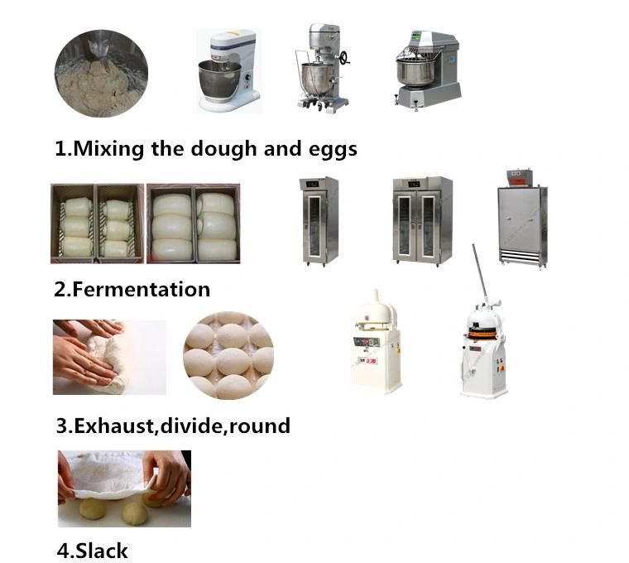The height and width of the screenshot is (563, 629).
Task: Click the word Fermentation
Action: pos(142,289)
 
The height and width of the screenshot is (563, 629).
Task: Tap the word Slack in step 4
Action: pos(102,550)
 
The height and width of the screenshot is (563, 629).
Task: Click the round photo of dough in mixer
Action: pos(101,74)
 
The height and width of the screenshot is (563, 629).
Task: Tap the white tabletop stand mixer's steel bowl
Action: pos(219,80)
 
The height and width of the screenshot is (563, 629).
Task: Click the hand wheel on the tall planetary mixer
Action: pos(344,59)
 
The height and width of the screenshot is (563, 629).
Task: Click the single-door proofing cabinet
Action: pos(319,221)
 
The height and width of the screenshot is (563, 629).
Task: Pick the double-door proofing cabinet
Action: pos(422,220)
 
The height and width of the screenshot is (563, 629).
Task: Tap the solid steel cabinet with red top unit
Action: pos(522,219)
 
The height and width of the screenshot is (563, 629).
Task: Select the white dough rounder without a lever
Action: pos(375,342)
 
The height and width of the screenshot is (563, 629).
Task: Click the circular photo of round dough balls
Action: pos(228,355)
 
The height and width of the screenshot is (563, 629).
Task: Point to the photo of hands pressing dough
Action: pos(109,357)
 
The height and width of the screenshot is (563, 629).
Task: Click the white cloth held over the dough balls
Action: pos(109,475)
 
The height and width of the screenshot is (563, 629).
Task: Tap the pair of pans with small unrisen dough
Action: pos(97,224)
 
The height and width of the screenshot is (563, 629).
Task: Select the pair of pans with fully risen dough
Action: pos(194,224)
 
